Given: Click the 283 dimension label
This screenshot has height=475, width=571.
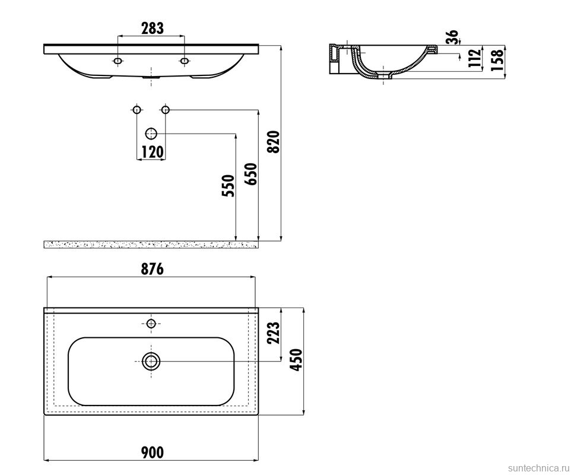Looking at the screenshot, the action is pos(152,28).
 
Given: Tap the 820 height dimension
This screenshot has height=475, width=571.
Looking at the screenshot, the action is pos(273,142).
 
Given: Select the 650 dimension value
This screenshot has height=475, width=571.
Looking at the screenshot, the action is pos(251,174).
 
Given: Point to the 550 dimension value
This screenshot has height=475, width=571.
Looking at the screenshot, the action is pos(229,186).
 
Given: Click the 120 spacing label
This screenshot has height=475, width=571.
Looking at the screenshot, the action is pos(152,151).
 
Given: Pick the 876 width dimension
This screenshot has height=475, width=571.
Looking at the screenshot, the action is pos(152,269).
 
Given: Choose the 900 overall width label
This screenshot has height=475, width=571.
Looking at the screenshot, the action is pos(152,452).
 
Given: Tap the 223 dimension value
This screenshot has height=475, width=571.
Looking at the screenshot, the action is pos(273,332).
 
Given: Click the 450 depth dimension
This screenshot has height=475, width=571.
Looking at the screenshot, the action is pos(296,360).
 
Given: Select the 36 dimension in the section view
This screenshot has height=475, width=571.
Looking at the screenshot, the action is pos(452,37).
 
